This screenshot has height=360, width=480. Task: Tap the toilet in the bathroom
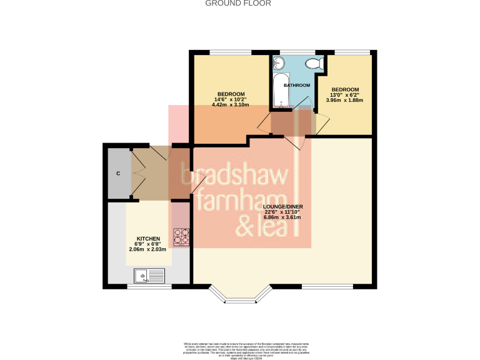tap(317, 62)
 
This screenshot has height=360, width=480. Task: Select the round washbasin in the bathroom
tap(279, 62)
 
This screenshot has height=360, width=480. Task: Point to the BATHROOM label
tap(297, 85)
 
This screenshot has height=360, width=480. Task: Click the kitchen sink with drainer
tap(149, 274)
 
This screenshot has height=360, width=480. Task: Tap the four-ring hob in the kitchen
tap(181, 236)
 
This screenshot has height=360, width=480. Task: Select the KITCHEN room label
tap(149, 239)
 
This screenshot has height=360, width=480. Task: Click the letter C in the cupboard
tap(117, 173)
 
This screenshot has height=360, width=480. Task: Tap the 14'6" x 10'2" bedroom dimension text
tap(231, 99)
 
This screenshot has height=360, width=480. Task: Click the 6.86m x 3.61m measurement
tap(282, 217)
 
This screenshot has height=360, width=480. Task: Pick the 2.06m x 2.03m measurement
tap(149, 249)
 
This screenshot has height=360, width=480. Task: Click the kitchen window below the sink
tap(149, 287)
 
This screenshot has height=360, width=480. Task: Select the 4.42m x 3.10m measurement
tap(231, 104)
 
